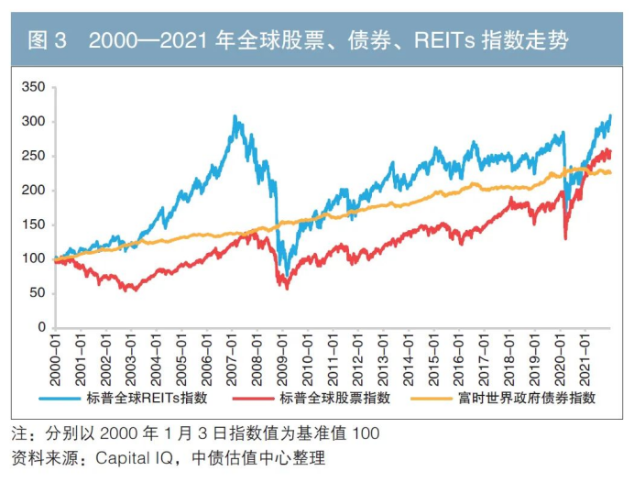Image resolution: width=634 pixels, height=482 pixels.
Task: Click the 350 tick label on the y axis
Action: click(33, 87)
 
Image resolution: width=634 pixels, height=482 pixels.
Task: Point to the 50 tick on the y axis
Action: click(37, 293)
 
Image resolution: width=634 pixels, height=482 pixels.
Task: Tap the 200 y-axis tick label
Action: click(33, 190)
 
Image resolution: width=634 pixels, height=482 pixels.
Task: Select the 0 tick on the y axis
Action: click(41, 327)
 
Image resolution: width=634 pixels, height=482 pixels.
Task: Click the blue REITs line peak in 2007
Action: click(235, 116)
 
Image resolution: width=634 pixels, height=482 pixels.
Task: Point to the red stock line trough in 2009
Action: click(288, 289)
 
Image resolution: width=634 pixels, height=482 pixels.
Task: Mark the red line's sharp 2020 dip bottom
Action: click(564, 240)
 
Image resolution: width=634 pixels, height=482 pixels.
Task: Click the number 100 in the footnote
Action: click(365, 433)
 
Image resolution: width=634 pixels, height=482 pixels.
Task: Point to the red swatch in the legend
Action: click(253, 398)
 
